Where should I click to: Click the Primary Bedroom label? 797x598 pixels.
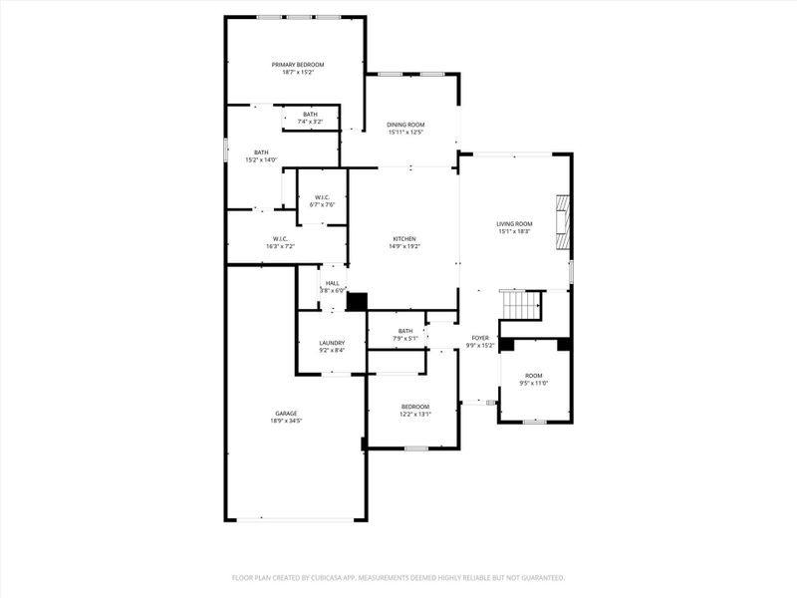click(298, 64)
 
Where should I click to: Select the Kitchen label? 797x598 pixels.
click(403, 238)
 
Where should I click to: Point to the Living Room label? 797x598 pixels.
click(514, 223)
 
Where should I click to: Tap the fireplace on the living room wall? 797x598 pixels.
click(565, 220)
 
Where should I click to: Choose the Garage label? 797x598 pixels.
click(286, 413)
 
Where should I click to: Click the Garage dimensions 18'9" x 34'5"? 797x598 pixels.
click(286, 422)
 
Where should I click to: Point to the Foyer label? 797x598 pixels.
click(480, 338)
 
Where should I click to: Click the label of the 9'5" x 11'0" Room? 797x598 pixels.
click(534, 375)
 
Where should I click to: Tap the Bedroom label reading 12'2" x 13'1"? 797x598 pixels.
click(415, 406)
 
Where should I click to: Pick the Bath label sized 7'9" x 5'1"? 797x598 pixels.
click(405, 331)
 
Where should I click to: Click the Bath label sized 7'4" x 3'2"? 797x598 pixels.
click(311, 114)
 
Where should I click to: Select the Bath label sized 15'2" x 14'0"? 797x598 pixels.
click(261, 151)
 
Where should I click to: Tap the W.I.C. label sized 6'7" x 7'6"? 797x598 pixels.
click(322, 197)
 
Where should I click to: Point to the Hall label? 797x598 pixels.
click(332, 283)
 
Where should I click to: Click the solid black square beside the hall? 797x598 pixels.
click(357, 300)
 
